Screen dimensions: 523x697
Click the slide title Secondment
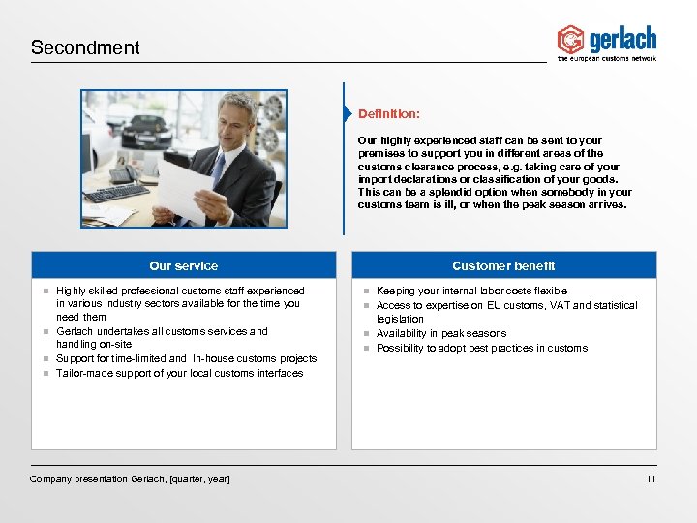(x=85, y=47)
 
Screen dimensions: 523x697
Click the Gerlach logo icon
(x=571, y=40)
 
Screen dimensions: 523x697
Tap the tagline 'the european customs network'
(x=607, y=59)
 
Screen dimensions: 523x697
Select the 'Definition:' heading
(x=389, y=114)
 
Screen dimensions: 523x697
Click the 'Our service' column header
(x=183, y=265)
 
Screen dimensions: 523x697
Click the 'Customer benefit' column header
(x=503, y=265)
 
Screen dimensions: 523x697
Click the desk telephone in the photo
(x=122, y=172)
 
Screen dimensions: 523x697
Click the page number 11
(x=651, y=479)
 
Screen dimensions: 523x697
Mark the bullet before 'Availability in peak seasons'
(x=367, y=334)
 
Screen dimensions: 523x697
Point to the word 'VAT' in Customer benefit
(x=561, y=305)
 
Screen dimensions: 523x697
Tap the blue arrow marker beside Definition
(x=347, y=114)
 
